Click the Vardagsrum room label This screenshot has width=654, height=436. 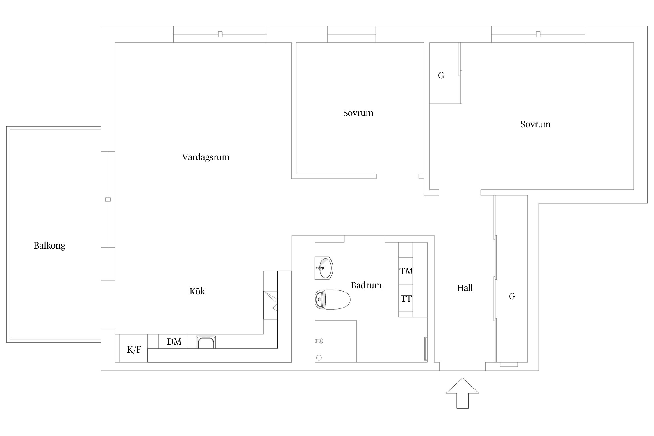click(x=206, y=157)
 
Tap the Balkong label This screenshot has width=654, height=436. click(x=49, y=246)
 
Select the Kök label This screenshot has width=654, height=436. click(x=197, y=291)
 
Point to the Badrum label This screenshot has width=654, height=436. click(x=366, y=285)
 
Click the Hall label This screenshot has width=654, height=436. click(x=465, y=288)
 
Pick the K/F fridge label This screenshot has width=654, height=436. click(x=134, y=349)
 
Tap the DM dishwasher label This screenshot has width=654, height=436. click(x=174, y=342)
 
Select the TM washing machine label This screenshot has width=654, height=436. click(x=406, y=271)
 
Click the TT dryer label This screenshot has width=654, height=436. click(x=406, y=299)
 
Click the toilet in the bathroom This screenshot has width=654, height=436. click(x=333, y=299)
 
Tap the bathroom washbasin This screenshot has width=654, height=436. click(x=324, y=268)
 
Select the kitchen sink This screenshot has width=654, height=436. click(x=206, y=342)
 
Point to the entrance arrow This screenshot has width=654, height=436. click(x=462, y=393)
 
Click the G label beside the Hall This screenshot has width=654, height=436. click(x=512, y=296)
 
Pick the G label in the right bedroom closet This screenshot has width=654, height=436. click(x=441, y=76)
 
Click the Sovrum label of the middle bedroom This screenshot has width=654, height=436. click(x=358, y=113)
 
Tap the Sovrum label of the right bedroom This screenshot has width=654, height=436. click(x=535, y=124)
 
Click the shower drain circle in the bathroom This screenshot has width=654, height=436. click(x=319, y=358)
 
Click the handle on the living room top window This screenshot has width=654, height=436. click(x=220, y=34)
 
